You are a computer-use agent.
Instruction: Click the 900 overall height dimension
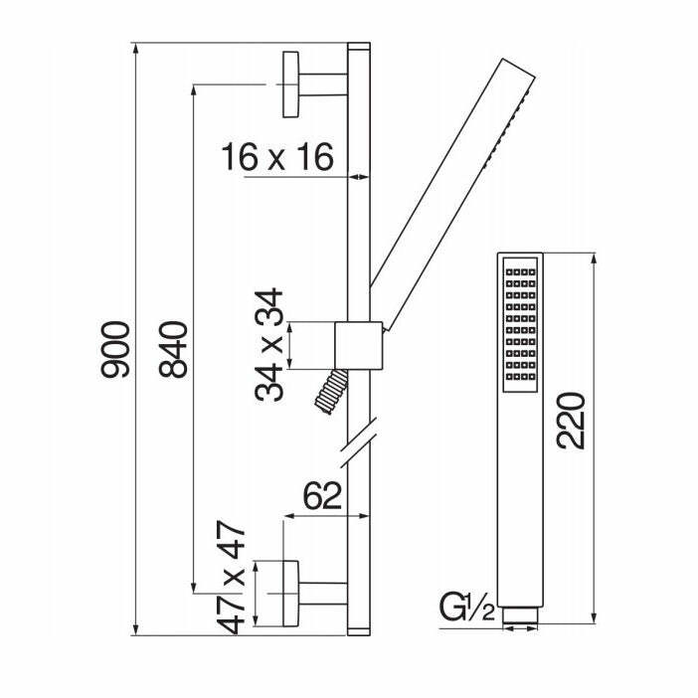coord(115,349)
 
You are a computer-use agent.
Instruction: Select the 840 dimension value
coord(173,349)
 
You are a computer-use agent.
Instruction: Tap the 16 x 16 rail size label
coord(277,157)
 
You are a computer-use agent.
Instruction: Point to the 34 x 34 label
coord(268,345)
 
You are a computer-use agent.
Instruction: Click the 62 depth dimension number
coord(323,495)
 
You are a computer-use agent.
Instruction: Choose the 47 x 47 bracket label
coord(231,577)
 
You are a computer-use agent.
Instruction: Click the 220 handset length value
coord(571,421)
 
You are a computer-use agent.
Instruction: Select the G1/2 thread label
coord(467,608)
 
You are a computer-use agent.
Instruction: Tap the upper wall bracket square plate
coord(290,85)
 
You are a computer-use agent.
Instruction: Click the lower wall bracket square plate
coord(290,594)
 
